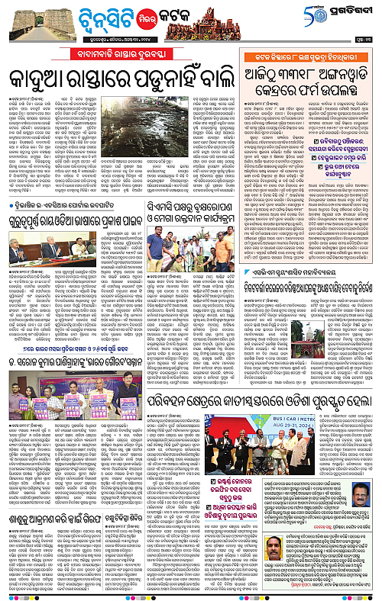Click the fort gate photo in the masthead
pyautogui.click(x=30, y=19)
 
